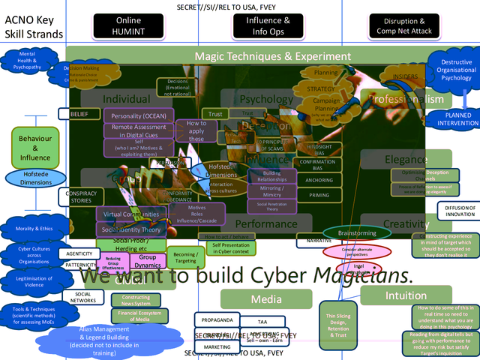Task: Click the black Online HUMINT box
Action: click(x=128, y=25)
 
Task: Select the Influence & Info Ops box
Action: click(x=267, y=25)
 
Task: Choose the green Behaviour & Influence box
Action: click(x=35, y=148)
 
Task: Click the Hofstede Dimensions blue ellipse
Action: click(x=35, y=178)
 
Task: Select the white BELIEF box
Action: click(x=79, y=114)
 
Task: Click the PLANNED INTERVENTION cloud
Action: click(x=452, y=119)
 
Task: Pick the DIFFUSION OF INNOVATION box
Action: click(x=459, y=211)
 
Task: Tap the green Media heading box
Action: click(x=266, y=299)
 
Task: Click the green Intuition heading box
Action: click(x=406, y=295)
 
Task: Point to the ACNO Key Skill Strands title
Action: click(x=30, y=25)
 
